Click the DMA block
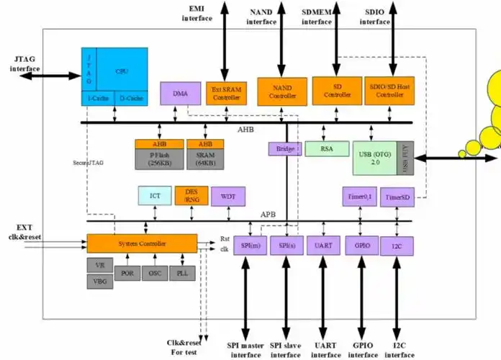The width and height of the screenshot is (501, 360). (x=180, y=93)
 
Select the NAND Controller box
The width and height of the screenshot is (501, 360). (x=282, y=91)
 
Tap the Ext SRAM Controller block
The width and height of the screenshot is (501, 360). (x=226, y=91)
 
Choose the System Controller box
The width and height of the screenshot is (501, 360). (x=142, y=243)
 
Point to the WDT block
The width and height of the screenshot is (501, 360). (x=228, y=196)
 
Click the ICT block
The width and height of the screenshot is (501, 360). (x=155, y=196)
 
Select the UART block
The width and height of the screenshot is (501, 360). (x=322, y=245)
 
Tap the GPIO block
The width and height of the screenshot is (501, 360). (x=361, y=245)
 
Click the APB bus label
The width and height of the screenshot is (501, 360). (x=268, y=215)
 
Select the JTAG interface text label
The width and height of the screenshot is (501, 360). (x=25, y=63)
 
